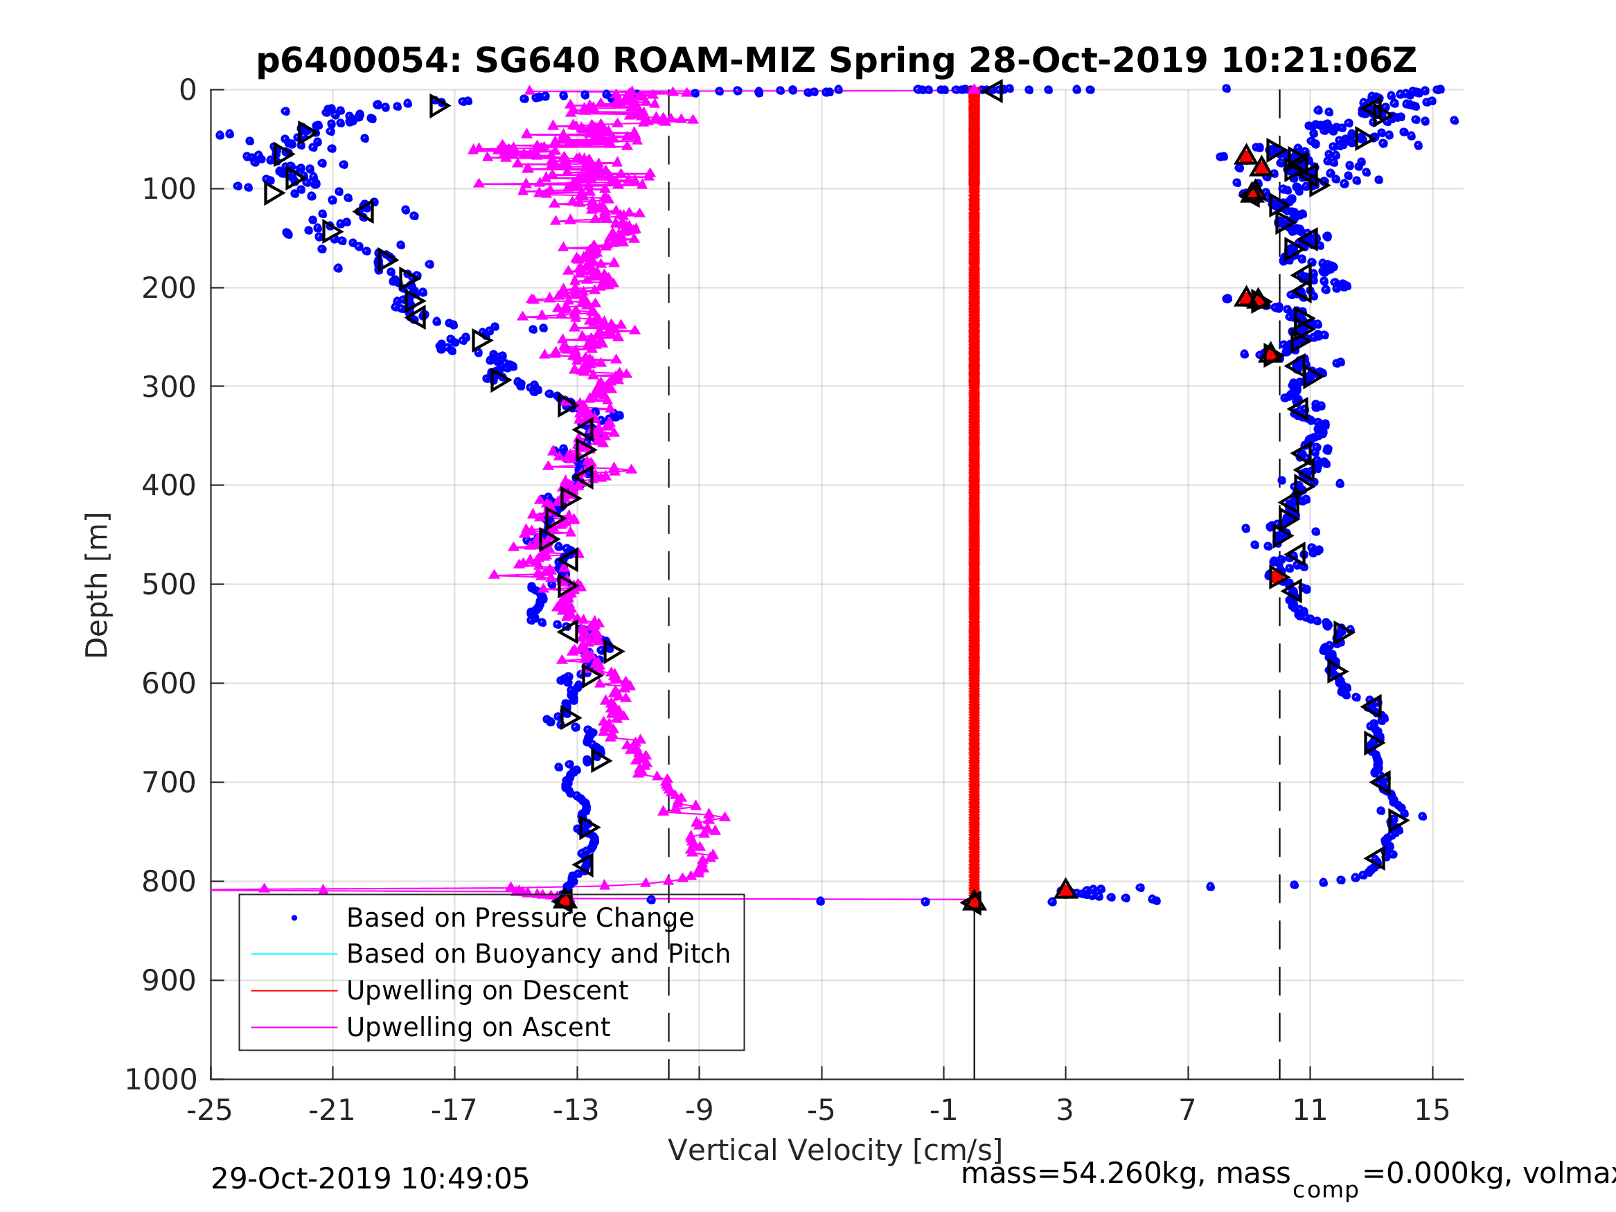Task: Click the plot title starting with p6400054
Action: click(836, 61)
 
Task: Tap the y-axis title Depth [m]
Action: click(97, 585)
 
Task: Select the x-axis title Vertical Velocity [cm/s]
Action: click(835, 1150)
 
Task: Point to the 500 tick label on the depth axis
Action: click(169, 585)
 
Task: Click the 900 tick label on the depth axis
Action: click(169, 981)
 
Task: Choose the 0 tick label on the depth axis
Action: click(188, 91)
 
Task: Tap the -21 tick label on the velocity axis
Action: click(332, 1110)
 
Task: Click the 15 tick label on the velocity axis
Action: click(1432, 1110)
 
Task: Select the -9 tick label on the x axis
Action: click(698, 1110)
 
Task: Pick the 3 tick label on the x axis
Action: click(1065, 1110)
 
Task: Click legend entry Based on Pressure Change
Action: click(520, 918)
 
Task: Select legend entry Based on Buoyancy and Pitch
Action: click(538, 954)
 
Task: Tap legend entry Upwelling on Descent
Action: click(486, 990)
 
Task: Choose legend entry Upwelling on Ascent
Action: click(478, 1028)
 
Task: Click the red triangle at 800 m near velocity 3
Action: click(1066, 890)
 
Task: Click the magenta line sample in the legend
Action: click(294, 1028)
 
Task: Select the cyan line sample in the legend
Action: click(294, 954)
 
